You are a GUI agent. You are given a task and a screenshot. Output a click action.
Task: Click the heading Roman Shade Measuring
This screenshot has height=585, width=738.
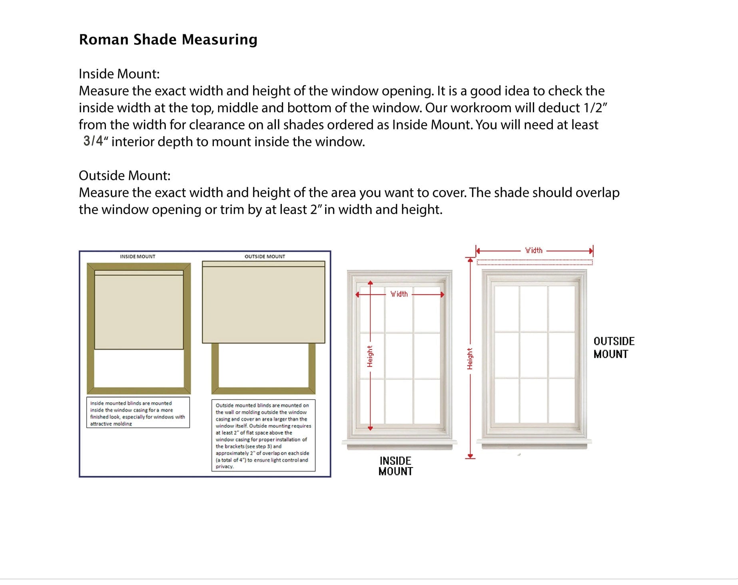[168, 40]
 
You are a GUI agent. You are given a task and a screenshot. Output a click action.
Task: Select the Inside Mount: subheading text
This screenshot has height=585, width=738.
[119, 74]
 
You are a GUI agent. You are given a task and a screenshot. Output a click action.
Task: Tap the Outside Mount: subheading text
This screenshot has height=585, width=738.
[124, 175]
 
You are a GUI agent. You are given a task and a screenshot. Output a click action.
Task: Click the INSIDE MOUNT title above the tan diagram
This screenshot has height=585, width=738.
[138, 257]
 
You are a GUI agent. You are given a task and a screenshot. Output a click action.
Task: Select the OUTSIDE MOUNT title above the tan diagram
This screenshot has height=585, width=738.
[265, 257]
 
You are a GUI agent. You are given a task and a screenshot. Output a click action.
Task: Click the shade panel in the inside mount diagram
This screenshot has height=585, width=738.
[139, 312]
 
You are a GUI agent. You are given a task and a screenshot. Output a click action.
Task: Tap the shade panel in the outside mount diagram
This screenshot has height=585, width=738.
[263, 304]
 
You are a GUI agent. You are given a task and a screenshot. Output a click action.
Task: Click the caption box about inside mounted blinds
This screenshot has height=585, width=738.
[138, 413]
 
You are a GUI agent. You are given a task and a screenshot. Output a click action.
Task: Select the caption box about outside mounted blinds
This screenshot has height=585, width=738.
[263, 436]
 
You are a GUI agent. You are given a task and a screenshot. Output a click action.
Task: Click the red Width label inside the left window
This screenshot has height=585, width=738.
[399, 294]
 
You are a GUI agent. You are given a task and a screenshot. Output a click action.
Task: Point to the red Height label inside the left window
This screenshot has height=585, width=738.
[370, 356]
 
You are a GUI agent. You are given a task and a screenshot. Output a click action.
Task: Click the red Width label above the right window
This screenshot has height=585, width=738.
[534, 251]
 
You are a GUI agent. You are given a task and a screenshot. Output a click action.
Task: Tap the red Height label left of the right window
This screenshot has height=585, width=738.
[470, 358]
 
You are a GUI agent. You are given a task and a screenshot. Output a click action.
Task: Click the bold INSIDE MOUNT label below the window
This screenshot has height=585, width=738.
[395, 466]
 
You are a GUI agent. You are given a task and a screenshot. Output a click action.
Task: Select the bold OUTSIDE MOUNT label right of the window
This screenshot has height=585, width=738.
[614, 348]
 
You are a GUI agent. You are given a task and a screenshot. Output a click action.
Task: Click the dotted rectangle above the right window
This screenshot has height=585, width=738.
[535, 263]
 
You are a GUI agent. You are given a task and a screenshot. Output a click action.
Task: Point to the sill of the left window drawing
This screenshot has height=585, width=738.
[399, 444]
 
